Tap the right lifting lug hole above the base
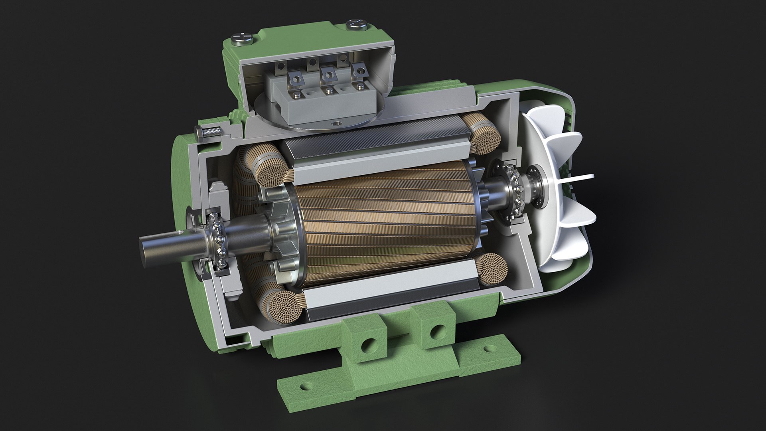(436, 331)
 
